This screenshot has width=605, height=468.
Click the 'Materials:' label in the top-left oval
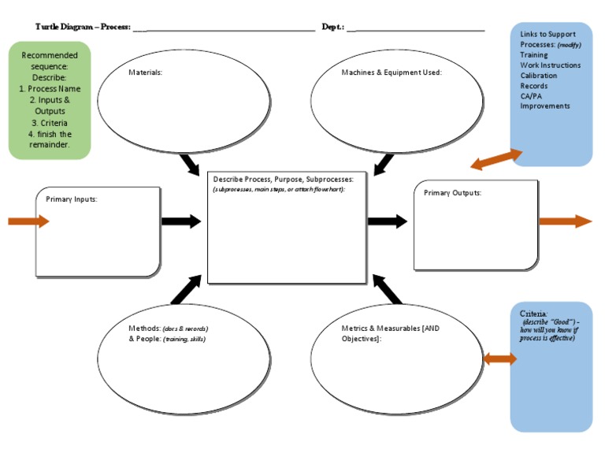[x=145, y=72]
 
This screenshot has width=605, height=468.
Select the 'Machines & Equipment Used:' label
[x=392, y=72]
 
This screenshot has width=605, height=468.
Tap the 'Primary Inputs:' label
[x=72, y=199]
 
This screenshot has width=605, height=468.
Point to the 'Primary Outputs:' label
[x=452, y=193]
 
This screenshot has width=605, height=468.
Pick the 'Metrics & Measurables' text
[x=380, y=329]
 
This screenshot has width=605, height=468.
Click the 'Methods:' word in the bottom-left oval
[x=144, y=329]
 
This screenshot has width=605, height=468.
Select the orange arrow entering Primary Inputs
[x=28, y=221]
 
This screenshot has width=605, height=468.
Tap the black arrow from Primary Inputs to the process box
[x=181, y=221]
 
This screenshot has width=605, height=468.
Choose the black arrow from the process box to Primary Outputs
[x=388, y=221]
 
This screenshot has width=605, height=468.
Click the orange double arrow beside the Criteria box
[x=499, y=359]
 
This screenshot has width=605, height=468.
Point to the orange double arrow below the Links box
[x=496, y=159]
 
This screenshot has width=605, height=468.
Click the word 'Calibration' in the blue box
[x=538, y=76]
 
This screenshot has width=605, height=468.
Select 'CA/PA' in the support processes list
[x=531, y=96]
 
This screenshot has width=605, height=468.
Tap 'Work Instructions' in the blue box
[x=550, y=65]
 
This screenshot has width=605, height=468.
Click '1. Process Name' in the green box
[x=50, y=89]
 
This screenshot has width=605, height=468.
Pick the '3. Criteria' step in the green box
[x=50, y=123]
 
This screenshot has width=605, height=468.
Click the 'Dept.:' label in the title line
[x=332, y=27]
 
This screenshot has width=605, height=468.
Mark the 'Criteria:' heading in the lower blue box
[x=533, y=314]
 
